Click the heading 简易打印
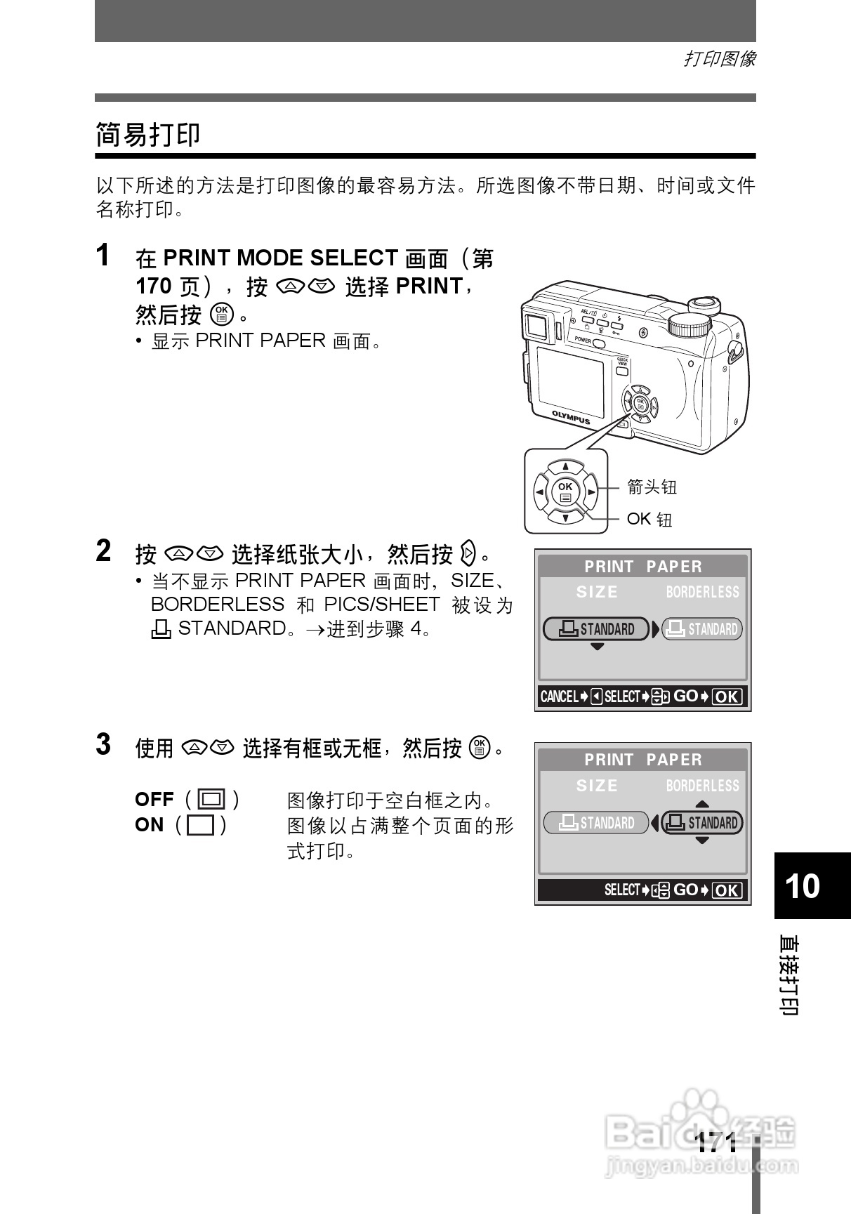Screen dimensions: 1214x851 click(x=148, y=134)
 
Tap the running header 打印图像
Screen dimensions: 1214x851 click(x=720, y=59)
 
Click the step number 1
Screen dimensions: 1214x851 click(x=103, y=256)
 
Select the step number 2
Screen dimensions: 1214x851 click(x=103, y=551)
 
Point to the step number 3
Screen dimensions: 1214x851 click(x=103, y=744)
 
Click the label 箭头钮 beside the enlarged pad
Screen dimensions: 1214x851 click(x=652, y=487)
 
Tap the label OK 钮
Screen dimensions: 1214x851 click(x=649, y=519)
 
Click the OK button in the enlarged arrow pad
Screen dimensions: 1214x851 click(x=565, y=491)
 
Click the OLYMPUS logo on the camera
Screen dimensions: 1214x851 click(x=571, y=417)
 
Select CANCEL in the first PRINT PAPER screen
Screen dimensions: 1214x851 click(x=559, y=697)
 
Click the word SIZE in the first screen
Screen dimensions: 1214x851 click(x=597, y=592)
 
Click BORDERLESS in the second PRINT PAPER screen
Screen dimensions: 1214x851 click(x=702, y=786)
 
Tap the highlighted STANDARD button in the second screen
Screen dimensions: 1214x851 click(x=702, y=822)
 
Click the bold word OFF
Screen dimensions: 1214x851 click(x=154, y=799)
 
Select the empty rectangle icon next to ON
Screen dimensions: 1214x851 click(x=201, y=825)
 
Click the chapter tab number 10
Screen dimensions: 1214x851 click(x=802, y=885)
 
